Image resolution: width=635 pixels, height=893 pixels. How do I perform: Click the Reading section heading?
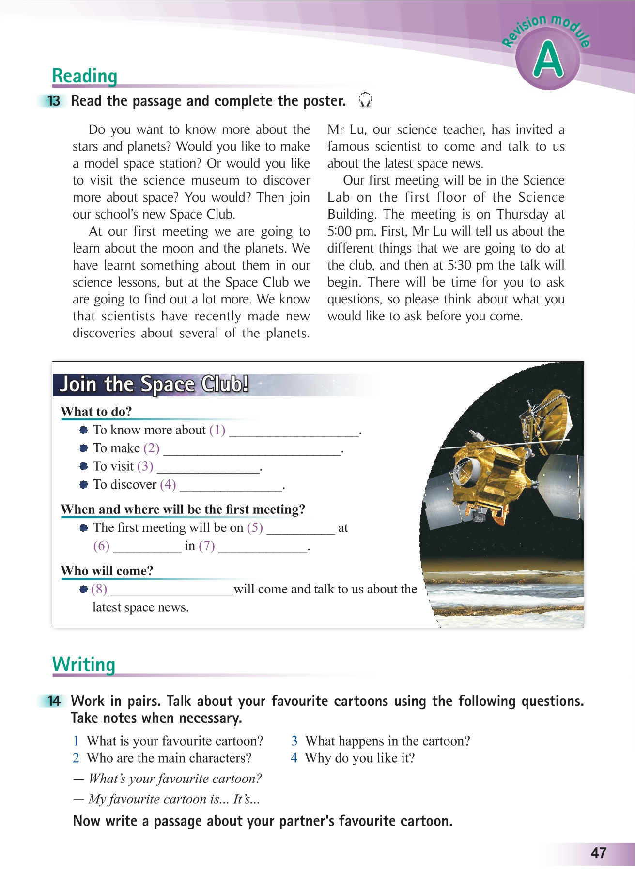click(85, 76)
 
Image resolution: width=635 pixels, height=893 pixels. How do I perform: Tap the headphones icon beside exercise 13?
click(365, 100)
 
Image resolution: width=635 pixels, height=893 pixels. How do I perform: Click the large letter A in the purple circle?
click(548, 60)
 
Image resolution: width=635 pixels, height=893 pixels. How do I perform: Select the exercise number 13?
click(54, 101)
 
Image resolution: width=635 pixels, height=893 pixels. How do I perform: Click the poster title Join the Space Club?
click(154, 384)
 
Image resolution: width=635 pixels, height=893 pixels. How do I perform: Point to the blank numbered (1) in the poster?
click(294, 431)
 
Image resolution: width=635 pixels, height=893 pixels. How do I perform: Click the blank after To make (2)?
click(252, 450)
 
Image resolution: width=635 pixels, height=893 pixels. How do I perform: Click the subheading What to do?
click(96, 412)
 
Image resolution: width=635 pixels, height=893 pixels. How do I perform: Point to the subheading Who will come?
click(107, 571)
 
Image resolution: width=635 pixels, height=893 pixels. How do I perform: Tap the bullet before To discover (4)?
click(84, 484)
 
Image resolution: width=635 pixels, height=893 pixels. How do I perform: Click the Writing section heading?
click(84, 664)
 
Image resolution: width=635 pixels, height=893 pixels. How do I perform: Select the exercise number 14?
click(54, 701)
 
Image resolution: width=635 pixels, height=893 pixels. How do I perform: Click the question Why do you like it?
click(359, 758)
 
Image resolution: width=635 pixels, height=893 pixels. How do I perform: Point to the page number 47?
click(599, 853)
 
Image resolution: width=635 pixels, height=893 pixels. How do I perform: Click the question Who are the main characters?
click(169, 758)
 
